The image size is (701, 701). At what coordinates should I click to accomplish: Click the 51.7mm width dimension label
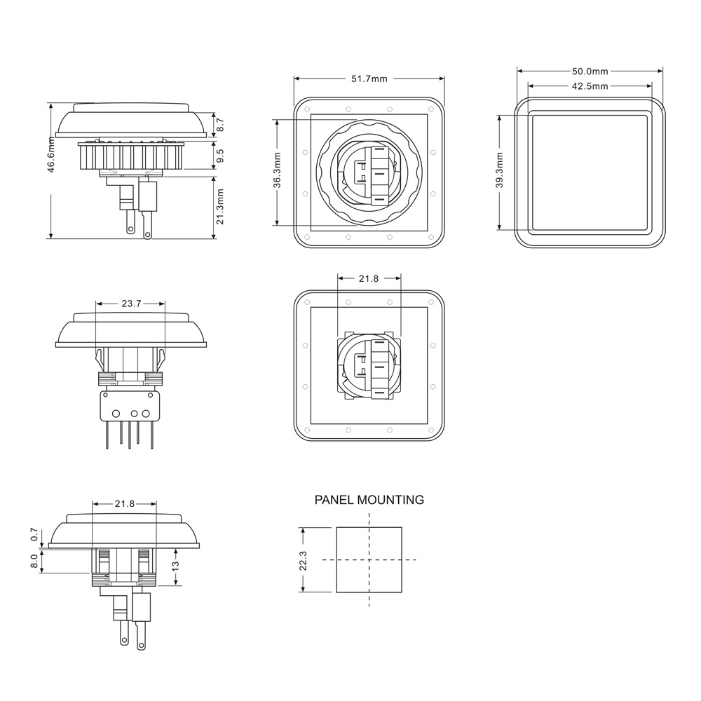click(x=369, y=79)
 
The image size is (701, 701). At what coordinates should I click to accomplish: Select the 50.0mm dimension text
click(x=590, y=71)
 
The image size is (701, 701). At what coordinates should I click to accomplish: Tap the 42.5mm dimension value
click(x=590, y=86)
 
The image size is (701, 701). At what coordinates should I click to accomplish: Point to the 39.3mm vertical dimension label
click(x=499, y=171)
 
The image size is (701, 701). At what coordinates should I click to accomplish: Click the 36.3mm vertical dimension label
click(x=278, y=170)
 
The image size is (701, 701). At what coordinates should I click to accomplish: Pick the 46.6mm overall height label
click(x=51, y=170)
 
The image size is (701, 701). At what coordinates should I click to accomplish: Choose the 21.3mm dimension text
click(x=220, y=207)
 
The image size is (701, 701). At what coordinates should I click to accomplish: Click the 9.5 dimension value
click(x=220, y=156)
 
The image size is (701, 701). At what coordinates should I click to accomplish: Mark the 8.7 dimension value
click(x=220, y=125)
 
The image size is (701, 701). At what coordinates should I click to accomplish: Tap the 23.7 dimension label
click(x=131, y=304)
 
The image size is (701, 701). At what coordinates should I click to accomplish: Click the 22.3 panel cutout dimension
click(x=304, y=560)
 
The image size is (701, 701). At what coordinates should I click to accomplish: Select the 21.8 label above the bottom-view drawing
click(x=369, y=278)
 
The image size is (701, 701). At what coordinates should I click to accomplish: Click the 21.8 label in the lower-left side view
click(x=125, y=503)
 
